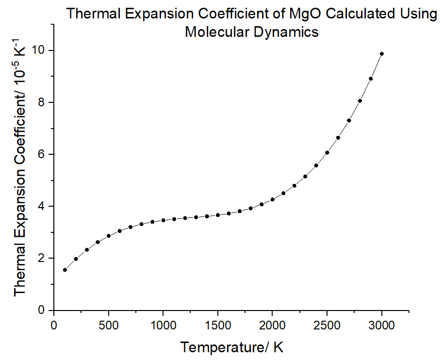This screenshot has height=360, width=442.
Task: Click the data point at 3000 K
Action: tap(382, 54)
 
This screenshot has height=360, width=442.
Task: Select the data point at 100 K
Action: tap(65, 270)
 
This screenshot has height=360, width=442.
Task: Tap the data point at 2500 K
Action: tap(327, 152)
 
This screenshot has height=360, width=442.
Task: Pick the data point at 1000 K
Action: tap(163, 220)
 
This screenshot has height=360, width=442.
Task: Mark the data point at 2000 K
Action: tap(273, 199)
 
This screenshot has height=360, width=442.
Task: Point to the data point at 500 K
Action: tap(109, 236)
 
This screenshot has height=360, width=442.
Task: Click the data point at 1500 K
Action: tap(218, 215)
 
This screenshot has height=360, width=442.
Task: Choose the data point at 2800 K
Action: tap(360, 101)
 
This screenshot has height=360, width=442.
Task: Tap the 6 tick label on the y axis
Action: tap(43, 154)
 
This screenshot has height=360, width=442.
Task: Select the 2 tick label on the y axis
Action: tap(43, 258)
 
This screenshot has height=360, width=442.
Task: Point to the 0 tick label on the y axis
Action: tap(43, 310)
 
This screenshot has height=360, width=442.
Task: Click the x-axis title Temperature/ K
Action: tap(232, 347)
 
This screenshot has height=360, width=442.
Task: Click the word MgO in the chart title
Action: tap(303, 14)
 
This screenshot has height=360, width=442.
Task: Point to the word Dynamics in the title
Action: tap(284, 32)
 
